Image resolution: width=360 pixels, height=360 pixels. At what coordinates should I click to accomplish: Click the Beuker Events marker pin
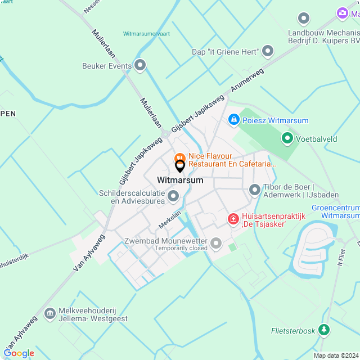click(140, 65)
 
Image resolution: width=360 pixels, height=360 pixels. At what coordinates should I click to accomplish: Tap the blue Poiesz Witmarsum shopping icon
click(233, 119)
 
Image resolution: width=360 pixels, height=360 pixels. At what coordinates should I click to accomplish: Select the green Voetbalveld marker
click(287, 137)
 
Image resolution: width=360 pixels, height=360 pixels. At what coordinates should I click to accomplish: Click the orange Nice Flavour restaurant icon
click(180, 157)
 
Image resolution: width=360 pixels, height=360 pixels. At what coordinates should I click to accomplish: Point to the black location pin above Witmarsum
click(180, 166)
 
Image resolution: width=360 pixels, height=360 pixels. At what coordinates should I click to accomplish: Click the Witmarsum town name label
click(180, 181)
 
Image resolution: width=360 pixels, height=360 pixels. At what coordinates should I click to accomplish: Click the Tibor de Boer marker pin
click(255, 190)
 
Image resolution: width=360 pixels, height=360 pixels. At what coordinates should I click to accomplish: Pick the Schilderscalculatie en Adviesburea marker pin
click(173, 196)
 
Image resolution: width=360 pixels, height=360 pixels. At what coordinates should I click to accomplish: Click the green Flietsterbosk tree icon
click(324, 330)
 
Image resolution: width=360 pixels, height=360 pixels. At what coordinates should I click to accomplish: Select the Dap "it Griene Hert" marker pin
click(268, 52)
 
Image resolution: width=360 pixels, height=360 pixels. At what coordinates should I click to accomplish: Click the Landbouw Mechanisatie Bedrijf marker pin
click(304, 19)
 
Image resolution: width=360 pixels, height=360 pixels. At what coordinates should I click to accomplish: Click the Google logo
click(19, 353)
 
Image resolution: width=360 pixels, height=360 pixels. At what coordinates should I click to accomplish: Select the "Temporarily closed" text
click(182, 248)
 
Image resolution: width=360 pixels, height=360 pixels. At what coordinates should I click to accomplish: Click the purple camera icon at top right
click(342, 12)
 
